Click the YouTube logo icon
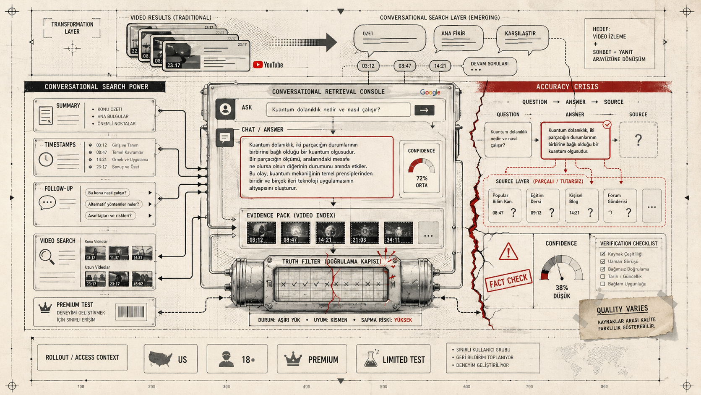(x=258, y=65)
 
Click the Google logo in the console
(x=430, y=92)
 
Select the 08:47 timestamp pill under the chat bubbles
(x=404, y=66)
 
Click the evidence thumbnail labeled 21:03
(x=364, y=233)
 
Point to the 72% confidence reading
(x=422, y=178)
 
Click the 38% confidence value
(x=561, y=288)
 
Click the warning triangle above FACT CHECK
(x=508, y=252)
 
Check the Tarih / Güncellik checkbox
(x=603, y=277)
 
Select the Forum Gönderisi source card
(x=620, y=205)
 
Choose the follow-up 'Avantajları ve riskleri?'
(x=109, y=216)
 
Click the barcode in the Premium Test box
(x=131, y=312)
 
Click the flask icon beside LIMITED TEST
(x=370, y=359)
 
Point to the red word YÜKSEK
(x=403, y=320)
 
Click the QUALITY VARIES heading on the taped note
(x=622, y=310)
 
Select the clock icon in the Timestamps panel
(x=46, y=160)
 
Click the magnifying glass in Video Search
(x=47, y=256)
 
